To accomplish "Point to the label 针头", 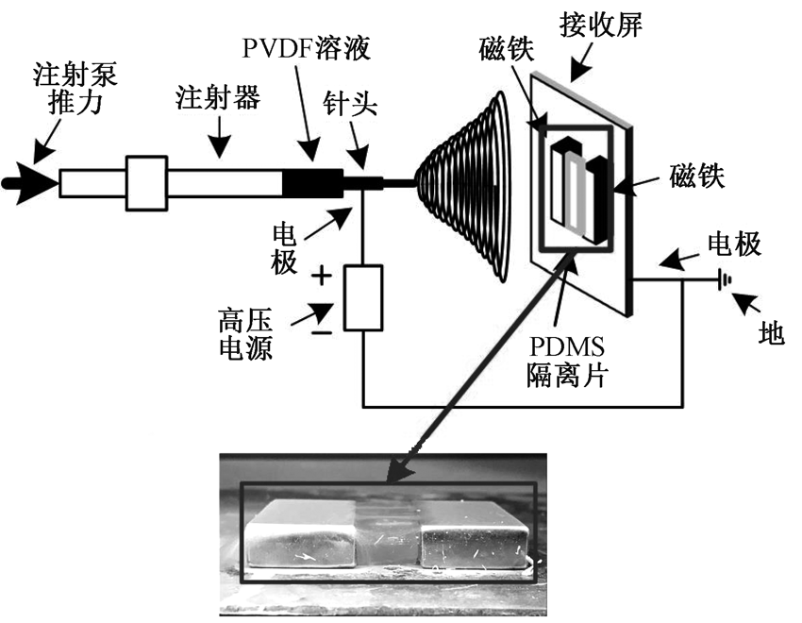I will point(351,102).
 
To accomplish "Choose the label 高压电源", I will point(244,336).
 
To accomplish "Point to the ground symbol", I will point(725,278).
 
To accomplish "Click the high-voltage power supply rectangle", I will point(362,297).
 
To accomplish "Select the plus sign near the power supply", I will point(322,276).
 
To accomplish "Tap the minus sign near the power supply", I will point(322,331).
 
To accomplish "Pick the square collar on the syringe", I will point(147,182).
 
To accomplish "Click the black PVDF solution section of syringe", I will point(315,182).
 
